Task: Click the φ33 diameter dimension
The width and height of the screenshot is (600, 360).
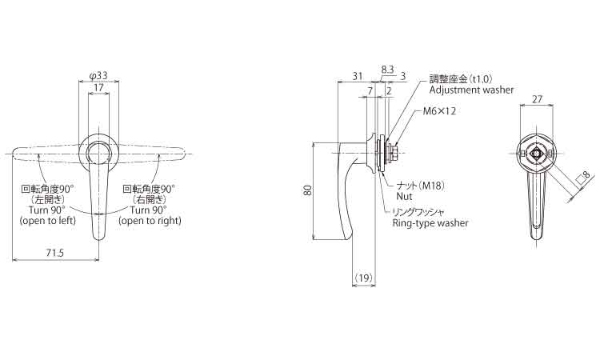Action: pos(98,76)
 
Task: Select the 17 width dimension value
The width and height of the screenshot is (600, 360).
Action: pos(98,88)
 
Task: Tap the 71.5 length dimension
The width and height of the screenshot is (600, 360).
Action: pos(54,253)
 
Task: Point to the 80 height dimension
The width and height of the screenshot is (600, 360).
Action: pos(308,190)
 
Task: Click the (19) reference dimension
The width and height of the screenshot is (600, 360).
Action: pos(363,278)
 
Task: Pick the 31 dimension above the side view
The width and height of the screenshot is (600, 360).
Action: pos(357,76)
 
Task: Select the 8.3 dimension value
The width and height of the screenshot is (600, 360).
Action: pos(387,70)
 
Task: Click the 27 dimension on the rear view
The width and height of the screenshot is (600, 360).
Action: pos(538,99)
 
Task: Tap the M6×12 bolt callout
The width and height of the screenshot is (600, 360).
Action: pos(439,111)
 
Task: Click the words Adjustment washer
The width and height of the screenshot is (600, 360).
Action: pos(471,90)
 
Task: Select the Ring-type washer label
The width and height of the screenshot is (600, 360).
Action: pos(430,223)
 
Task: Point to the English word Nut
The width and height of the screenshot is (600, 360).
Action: pos(405,196)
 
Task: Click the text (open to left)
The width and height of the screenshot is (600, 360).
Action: pos(48,221)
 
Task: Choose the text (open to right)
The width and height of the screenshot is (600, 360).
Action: pos(150,221)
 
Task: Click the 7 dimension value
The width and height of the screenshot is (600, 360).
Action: pos(370,91)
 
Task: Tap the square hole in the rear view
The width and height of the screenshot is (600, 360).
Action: pos(536,154)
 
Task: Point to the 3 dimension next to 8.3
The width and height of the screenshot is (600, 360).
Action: pos(402,76)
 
